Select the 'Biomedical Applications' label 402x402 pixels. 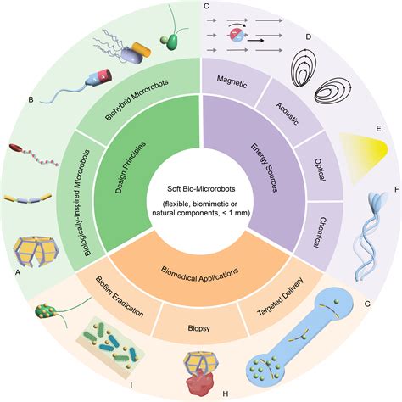coord(201,274)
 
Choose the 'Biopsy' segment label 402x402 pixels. coord(200,325)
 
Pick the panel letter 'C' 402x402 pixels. coord(208,7)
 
